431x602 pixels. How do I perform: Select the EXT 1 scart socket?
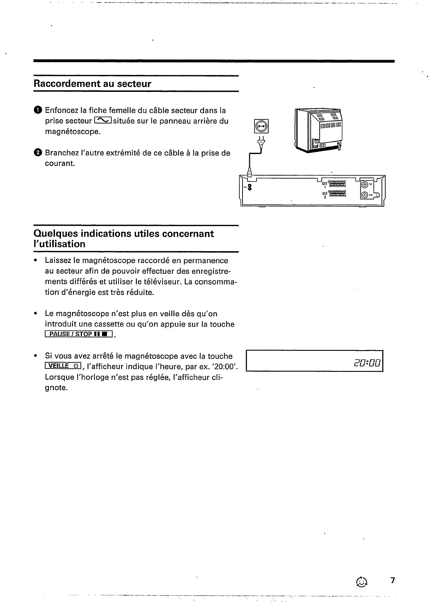pos(338,183)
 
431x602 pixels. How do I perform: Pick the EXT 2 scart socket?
pos(338,193)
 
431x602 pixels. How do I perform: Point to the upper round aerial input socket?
pos(366,184)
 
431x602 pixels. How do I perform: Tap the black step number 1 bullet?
pos(38,110)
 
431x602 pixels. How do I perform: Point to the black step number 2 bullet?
pos(38,153)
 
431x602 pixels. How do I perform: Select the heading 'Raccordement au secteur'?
pos(92,84)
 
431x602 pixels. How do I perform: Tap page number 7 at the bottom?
pos(393,581)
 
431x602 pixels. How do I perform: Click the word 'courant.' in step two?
pos(60,164)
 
